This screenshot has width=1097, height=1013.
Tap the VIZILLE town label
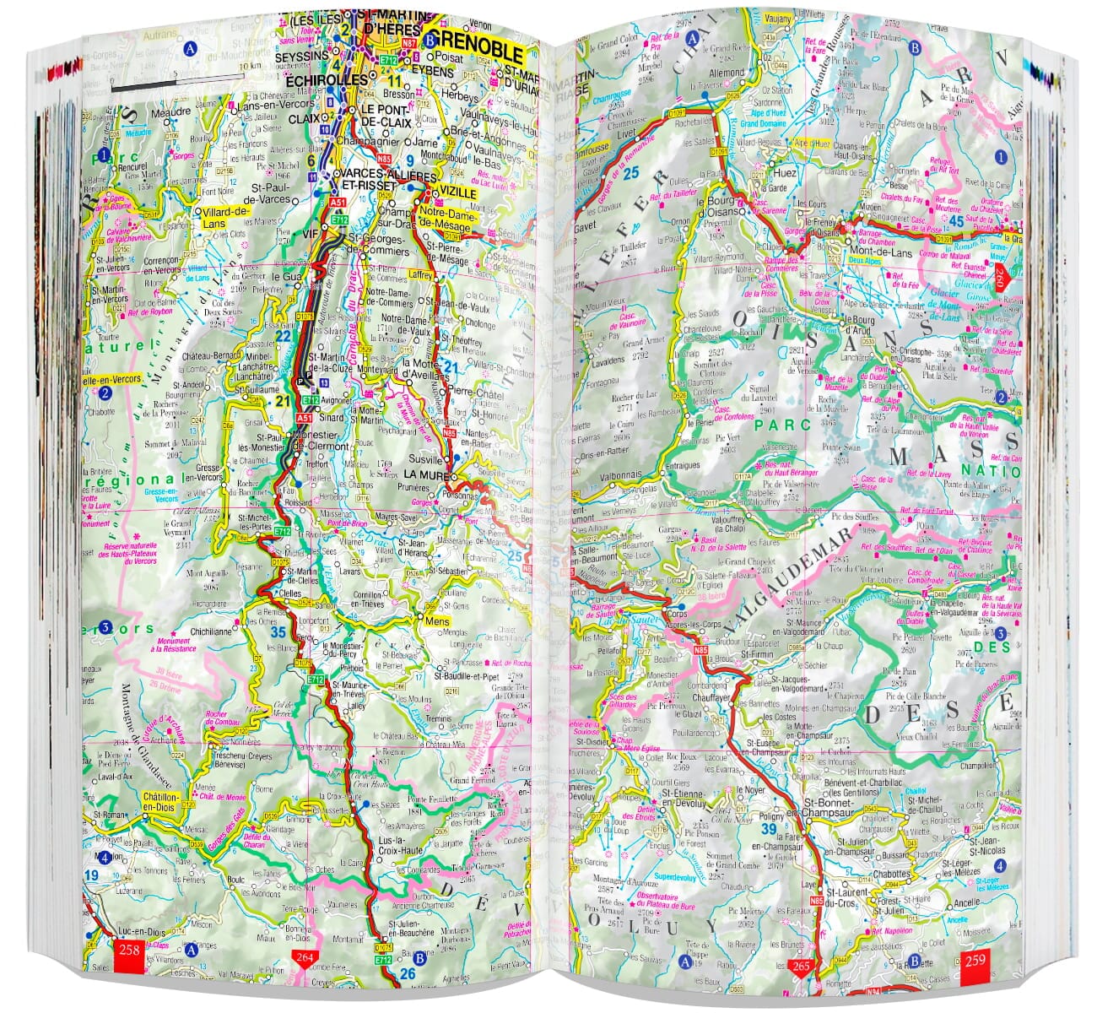tap(457, 193)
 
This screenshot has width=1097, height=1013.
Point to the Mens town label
tap(437, 621)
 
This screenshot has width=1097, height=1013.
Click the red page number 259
tap(975, 959)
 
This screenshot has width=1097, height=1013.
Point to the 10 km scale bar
tap(177, 84)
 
